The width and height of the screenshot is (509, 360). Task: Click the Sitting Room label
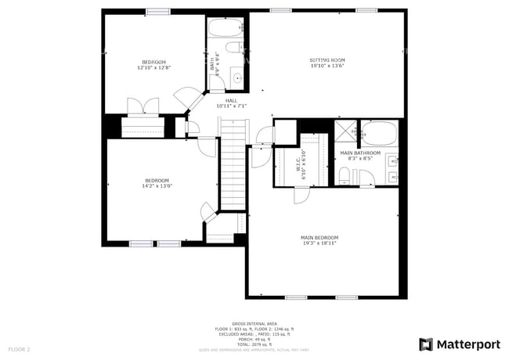[327, 60]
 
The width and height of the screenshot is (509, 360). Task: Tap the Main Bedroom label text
[319, 237]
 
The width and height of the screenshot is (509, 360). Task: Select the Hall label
[231, 100]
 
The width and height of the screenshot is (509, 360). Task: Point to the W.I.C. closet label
[298, 165]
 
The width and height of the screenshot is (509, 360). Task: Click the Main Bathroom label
[360, 153]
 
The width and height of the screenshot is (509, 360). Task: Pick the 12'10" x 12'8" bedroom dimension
[153, 67]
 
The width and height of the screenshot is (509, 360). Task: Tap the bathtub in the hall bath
[226, 30]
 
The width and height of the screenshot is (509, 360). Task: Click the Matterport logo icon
[426, 344]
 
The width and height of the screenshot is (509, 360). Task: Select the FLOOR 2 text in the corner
[19, 348]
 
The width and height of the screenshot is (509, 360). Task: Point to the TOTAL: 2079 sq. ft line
[254, 344]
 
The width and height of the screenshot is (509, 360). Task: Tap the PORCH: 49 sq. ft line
[254, 339]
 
